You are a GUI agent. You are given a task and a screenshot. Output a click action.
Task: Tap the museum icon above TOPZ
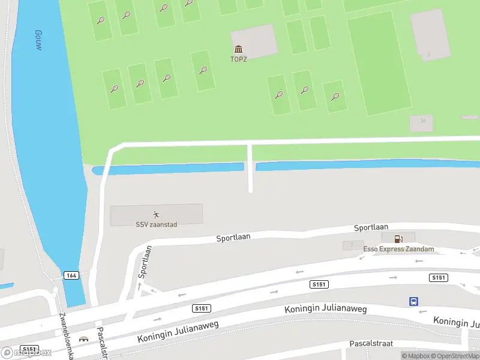tap(239, 49)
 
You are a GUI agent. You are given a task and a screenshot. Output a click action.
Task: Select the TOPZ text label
tap(239, 59)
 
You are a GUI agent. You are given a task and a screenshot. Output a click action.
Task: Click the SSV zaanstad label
tap(156, 224)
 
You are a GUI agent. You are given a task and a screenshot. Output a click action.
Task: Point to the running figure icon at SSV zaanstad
tap(156, 214)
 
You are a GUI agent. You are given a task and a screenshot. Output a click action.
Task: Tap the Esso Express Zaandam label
tap(398, 249)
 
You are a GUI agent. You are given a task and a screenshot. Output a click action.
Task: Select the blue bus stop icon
tap(413, 301)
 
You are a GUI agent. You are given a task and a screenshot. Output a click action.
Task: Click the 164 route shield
tap(72, 275)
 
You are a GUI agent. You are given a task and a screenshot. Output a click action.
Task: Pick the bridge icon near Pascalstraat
tap(83, 339)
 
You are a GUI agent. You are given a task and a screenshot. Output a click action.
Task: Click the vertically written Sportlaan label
tap(145, 262)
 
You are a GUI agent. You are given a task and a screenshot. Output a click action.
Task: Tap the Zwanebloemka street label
tap(65, 336)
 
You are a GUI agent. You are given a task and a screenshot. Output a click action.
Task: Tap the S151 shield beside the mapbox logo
tap(29, 349)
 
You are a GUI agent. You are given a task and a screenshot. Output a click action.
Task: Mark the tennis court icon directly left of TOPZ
tap(203, 70)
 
